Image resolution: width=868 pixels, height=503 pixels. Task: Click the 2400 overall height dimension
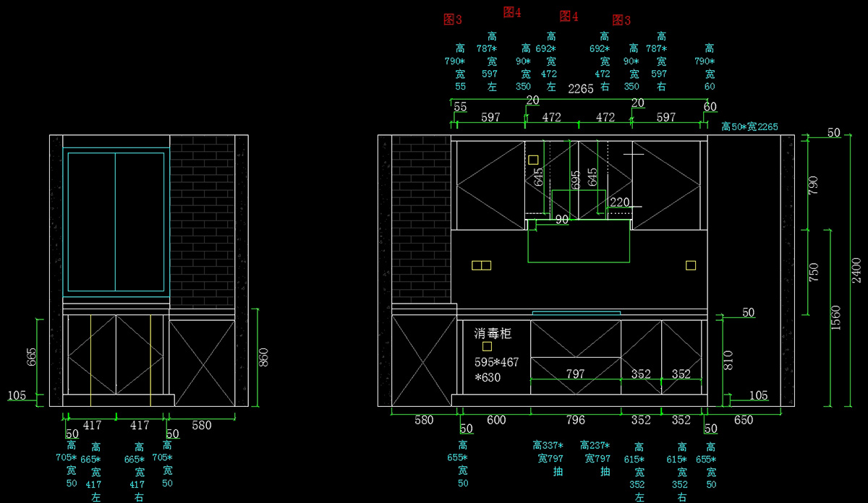(856, 270)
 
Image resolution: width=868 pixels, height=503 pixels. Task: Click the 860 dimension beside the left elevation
(264, 358)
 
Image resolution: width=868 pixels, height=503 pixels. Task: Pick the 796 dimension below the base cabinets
(575, 420)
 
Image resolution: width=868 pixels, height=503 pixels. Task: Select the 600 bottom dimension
(495, 420)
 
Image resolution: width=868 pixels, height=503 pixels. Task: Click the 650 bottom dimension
(744, 420)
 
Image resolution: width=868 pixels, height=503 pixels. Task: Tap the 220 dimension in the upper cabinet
(620, 202)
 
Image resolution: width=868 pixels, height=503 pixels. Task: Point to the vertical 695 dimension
(575, 179)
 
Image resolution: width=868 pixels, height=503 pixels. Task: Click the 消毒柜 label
(493, 333)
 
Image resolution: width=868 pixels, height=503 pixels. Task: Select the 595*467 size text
(497, 362)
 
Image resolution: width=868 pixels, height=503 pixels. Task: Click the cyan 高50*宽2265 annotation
(749, 126)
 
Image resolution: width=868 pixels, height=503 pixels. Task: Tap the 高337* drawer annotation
(548, 445)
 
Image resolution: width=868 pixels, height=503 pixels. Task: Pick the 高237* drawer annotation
(595, 445)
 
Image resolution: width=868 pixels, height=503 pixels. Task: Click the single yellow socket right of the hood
(691, 265)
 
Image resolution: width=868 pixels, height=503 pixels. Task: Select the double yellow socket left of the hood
(481, 265)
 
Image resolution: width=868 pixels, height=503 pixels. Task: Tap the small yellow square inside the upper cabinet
(533, 160)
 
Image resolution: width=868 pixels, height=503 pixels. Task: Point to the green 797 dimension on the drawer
(575, 374)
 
